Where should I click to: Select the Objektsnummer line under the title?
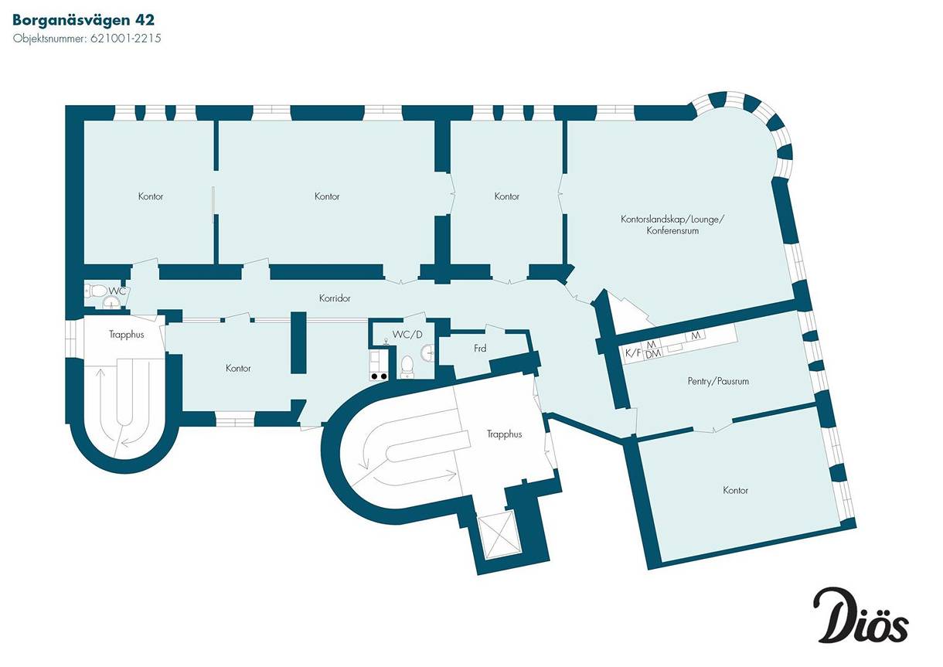(x=87, y=37)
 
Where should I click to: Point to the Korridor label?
(x=335, y=298)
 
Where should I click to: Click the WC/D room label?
(x=408, y=334)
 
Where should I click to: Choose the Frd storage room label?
(x=480, y=349)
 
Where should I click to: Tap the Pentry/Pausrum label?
(x=718, y=381)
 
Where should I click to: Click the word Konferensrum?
(x=672, y=230)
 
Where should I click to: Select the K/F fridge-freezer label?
(x=632, y=353)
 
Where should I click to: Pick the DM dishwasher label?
(x=652, y=353)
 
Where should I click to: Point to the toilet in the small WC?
(x=96, y=291)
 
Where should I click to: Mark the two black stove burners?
(x=380, y=376)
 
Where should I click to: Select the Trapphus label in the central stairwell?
(x=504, y=434)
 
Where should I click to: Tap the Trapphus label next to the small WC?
(x=122, y=335)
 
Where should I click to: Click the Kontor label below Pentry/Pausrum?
(x=735, y=490)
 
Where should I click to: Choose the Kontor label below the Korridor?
(x=238, y=369)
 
